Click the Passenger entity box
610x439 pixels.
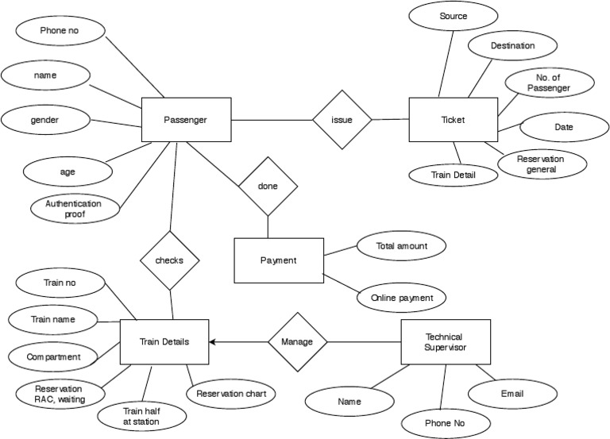(185, 120)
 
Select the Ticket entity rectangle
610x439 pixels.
(453, 120)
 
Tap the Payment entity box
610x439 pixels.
(278, 260)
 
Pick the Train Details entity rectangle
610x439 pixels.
(164, 342)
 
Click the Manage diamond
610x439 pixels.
(297, 342)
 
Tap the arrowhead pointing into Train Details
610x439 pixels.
(214, 342)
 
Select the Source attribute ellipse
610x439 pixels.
(453, 17)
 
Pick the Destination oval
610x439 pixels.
(512, 46)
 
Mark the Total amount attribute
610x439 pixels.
(402, 247)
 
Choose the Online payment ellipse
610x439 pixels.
(402, 298)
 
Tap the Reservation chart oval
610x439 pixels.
(231, 393)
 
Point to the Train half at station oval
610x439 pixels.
(140, 417)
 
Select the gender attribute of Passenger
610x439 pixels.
(45, 120)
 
